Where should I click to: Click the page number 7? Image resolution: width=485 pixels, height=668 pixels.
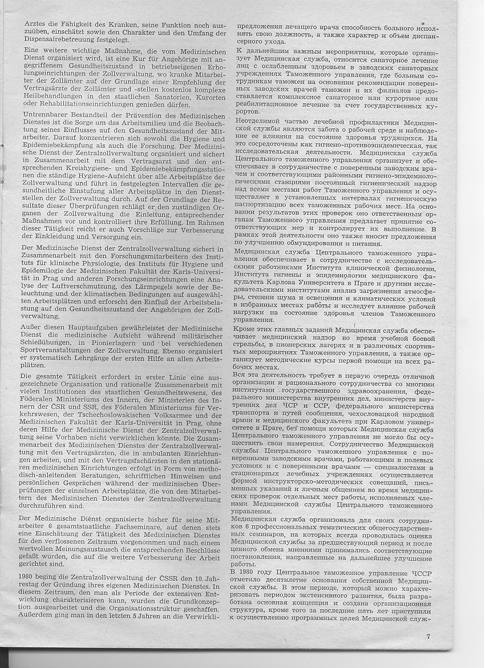pos(427,638)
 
